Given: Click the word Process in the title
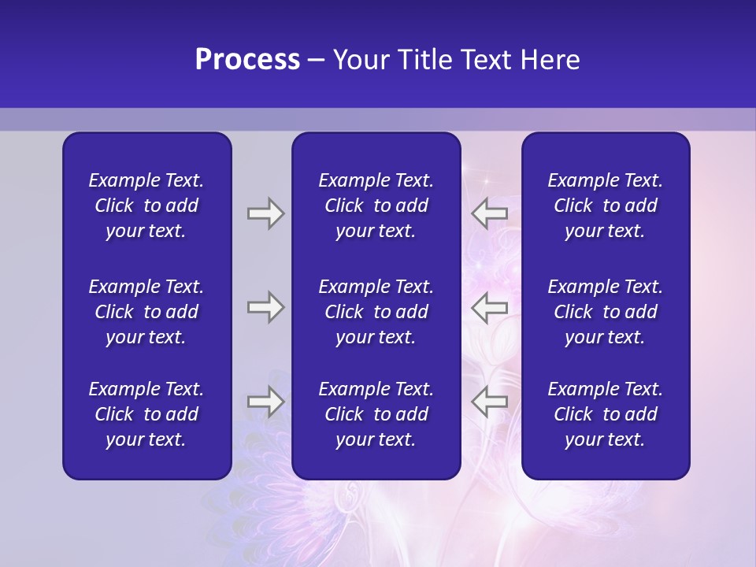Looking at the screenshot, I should coord(247,60).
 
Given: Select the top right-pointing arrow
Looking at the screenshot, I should coord(265,213).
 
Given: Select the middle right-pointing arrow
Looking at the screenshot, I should coord(265,307).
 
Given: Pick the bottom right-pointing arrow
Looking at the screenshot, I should coord(265,402).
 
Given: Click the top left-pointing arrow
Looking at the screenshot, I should coord(490,213).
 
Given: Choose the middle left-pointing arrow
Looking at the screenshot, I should coord(490,307).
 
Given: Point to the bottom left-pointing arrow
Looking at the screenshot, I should coord(490,402).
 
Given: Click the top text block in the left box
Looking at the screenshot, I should coord(146,206).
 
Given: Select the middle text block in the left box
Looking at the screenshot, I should coord(146,312).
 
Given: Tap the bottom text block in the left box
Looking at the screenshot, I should coord(146,414).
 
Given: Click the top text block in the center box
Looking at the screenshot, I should coord(376,206).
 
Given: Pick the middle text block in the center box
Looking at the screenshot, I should coord(376,312).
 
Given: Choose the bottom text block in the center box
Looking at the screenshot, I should coord(376,414).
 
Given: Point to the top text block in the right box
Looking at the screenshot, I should coord(605,206).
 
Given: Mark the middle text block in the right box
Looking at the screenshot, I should coord(605,312).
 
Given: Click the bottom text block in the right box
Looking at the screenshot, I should coord(605,414).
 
